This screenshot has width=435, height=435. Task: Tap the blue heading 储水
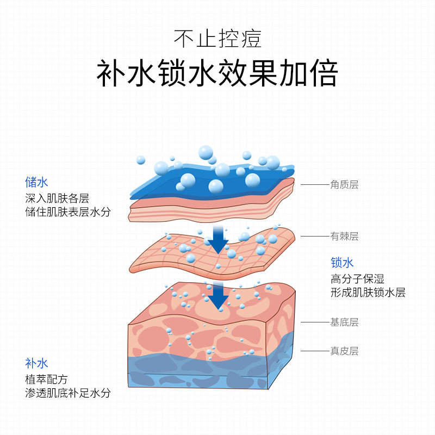pos(36,182)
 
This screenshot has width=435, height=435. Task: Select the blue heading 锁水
pos(342,263)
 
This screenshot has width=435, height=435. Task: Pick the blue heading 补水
pos(36,363)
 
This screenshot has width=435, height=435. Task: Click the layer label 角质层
pos(344,185)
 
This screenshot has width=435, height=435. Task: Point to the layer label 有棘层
pos(344,237)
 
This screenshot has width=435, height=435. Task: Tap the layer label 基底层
pos(344,322)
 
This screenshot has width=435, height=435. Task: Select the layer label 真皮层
pos(344,351)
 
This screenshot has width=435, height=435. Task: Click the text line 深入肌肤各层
pos(57,197)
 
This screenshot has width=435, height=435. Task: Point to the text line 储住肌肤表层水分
pos(67,212)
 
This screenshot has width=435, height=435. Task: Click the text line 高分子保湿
pos(357,279)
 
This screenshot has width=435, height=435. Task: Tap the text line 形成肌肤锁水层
pos(368,293)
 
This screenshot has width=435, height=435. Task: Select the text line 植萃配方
pos(46,379)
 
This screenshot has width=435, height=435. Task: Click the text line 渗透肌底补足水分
pos(67,393)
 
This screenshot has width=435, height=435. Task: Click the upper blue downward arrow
pos(218,241)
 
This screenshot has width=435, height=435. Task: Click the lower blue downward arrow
pos(218,296)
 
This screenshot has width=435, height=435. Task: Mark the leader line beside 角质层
pos(314,185)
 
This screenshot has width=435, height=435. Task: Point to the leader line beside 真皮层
pos(314,351)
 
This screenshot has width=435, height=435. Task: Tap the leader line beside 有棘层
pos(314,237)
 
